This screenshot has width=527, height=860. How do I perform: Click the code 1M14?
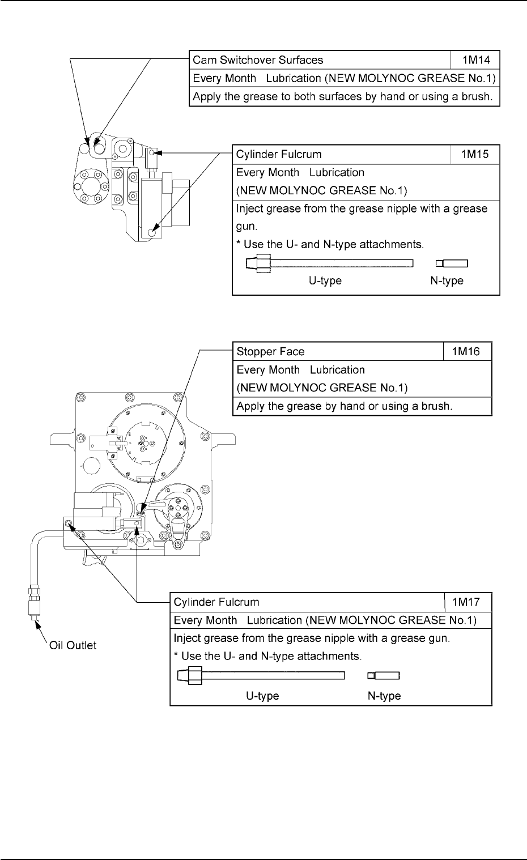[475, 59]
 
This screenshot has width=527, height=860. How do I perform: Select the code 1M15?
[475, 154]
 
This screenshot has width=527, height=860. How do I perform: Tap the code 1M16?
[467, 351]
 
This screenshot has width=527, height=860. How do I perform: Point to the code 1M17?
[467, 602]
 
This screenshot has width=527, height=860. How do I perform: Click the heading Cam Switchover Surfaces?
[258, 59]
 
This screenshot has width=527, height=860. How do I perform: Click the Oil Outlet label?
[71, 645]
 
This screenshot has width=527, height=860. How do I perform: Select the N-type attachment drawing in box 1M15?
[452, 263]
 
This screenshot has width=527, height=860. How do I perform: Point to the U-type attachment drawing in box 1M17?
[261, 675]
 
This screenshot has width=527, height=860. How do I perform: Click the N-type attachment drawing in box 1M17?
[384, 675]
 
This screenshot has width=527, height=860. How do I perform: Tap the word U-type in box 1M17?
[262, 696]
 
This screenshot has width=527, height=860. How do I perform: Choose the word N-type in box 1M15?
[447, 281]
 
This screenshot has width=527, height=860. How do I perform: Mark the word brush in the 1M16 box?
[437, 407]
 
